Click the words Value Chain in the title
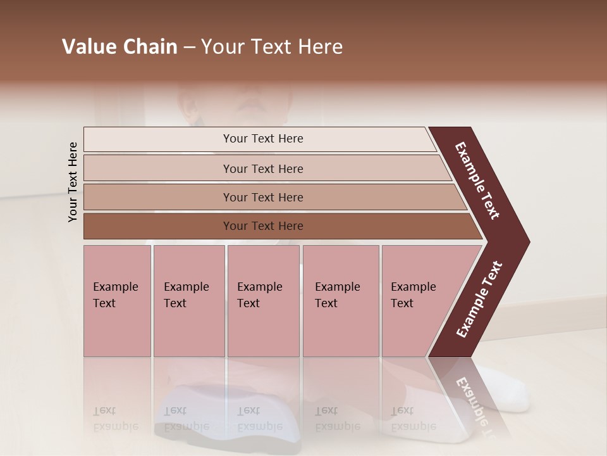[120, 47]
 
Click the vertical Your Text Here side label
[73, 182]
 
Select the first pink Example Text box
[117, 301]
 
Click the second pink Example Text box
[188, 301]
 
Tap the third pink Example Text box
[264, 301]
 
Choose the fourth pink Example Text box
[340, 301]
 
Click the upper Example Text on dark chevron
[477, 180]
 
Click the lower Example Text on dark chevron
[479, 300]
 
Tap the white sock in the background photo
[506, 389]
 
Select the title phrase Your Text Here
[272, 47]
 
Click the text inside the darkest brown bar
[263, 226]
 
